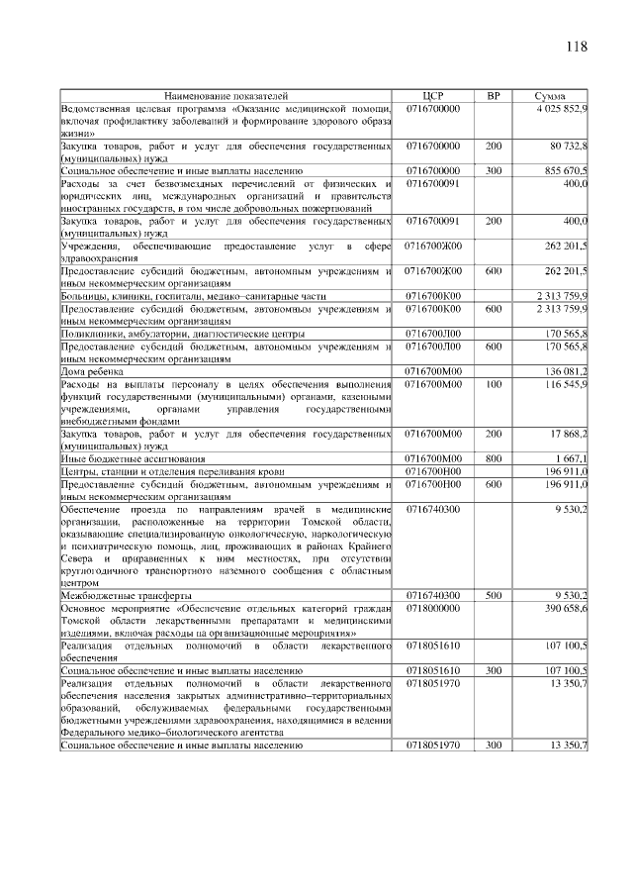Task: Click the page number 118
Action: click(577, 47)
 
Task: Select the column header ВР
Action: click(494, 95)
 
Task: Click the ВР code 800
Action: click(494, 458)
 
